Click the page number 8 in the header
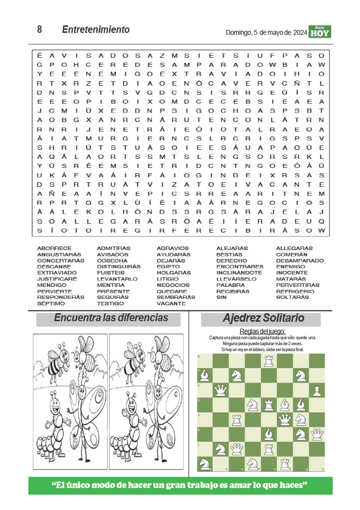click(x=39, y=30)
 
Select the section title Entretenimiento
click(x=96, y=30)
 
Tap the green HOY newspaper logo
click(x=320, y=32)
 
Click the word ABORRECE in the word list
click(x=54, y=248)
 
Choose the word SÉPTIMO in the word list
click(x=51, y=303)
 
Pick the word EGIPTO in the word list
click(x=168, y=266)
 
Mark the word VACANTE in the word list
click(x=171, y=303)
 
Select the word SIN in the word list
click(x=221, y=297)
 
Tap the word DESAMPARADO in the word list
click(x=300, y=260)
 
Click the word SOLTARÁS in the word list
click(x=292, y=297)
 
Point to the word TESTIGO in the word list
click(x=111, y=303)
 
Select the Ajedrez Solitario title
click(x=263, y=318)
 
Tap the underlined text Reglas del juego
click(x=262, y=331)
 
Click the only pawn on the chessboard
click(x=317, y=390)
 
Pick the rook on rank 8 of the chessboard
click(x=269, y=361)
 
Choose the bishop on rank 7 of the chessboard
click(x=205, y=375)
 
